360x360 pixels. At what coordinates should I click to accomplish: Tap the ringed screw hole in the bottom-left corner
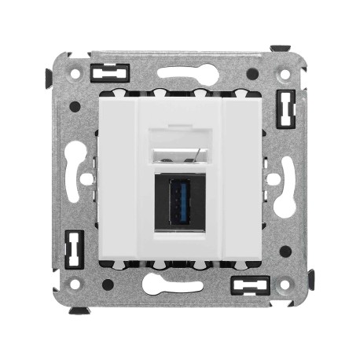[75, 283]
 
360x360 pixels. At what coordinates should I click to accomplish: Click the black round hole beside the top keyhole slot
[252, 74]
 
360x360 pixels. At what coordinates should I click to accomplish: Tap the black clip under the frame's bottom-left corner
[79, 310]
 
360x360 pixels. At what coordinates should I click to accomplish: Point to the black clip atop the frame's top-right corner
[281, 49]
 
